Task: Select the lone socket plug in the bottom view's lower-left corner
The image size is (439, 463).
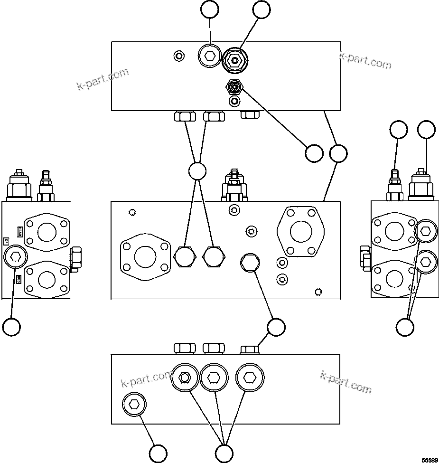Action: point(134,405)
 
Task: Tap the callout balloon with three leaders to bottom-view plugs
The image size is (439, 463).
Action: point(224,453)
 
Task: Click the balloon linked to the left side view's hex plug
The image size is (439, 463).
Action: point(11,327)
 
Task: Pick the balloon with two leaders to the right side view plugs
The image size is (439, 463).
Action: point(405,327)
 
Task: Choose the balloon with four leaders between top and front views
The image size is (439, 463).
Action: point(197,171)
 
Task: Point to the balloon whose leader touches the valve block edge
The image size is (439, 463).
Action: point(338,153)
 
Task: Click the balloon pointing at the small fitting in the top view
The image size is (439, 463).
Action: point(314,153)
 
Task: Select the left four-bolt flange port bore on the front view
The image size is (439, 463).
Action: point(145,257)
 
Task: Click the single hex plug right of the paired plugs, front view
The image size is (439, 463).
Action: point(250,262)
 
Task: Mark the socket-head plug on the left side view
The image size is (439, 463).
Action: point(15,257)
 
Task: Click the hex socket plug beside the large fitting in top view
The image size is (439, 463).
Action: point(209,57)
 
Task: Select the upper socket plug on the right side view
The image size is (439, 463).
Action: point(425,231)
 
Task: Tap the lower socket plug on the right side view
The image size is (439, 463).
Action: point(425,261)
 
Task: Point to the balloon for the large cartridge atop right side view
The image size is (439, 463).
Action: point(426,130)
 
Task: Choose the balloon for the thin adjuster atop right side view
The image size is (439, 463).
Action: point(399,130)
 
